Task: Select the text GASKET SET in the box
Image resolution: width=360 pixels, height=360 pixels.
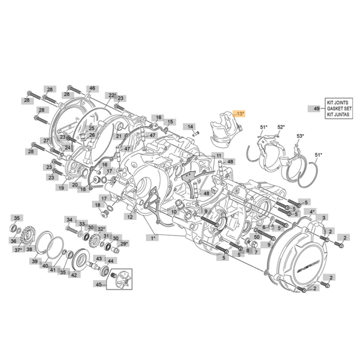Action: [x=339, y=109]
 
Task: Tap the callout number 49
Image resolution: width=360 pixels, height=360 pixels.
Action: [x=316, y=109]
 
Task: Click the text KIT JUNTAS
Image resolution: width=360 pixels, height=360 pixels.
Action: [x=338, y=114]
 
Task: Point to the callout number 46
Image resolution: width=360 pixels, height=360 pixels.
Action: [x=92, y=88]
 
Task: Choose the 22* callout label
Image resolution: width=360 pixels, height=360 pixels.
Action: [x=112, y=95]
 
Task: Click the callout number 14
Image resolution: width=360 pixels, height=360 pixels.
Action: [x=190, y=127]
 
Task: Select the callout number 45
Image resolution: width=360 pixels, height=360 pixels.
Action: [x=99, y=285]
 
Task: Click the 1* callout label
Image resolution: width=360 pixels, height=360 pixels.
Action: [x=153, y=238]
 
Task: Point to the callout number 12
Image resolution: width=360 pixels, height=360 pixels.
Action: [x=130, y=217]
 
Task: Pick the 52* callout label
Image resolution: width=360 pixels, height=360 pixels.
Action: [x=281, y=127]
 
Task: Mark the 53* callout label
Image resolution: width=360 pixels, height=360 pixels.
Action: [x=300, y=136]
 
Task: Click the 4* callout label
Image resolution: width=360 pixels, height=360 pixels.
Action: [x=312, y=212]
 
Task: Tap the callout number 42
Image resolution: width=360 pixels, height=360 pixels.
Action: [x=74, y=275]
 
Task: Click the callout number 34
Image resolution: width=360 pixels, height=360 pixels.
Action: [x=69, y=220]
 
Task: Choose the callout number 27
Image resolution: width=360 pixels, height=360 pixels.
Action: [x=46, y=140]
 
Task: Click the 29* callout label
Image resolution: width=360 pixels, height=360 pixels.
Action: [x=124, y=244]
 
